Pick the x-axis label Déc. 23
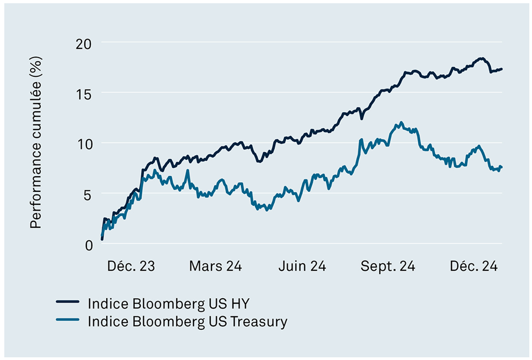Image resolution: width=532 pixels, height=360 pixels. tap(130, 267)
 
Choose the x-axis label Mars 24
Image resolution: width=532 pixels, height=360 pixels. tap(215, 267)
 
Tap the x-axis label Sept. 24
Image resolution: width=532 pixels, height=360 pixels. tap(388, 267)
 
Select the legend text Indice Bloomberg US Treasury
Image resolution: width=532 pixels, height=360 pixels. tap(187, 321)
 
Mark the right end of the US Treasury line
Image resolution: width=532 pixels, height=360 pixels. tap(501, 167)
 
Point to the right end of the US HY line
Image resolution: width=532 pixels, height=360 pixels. tap(501, 69)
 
